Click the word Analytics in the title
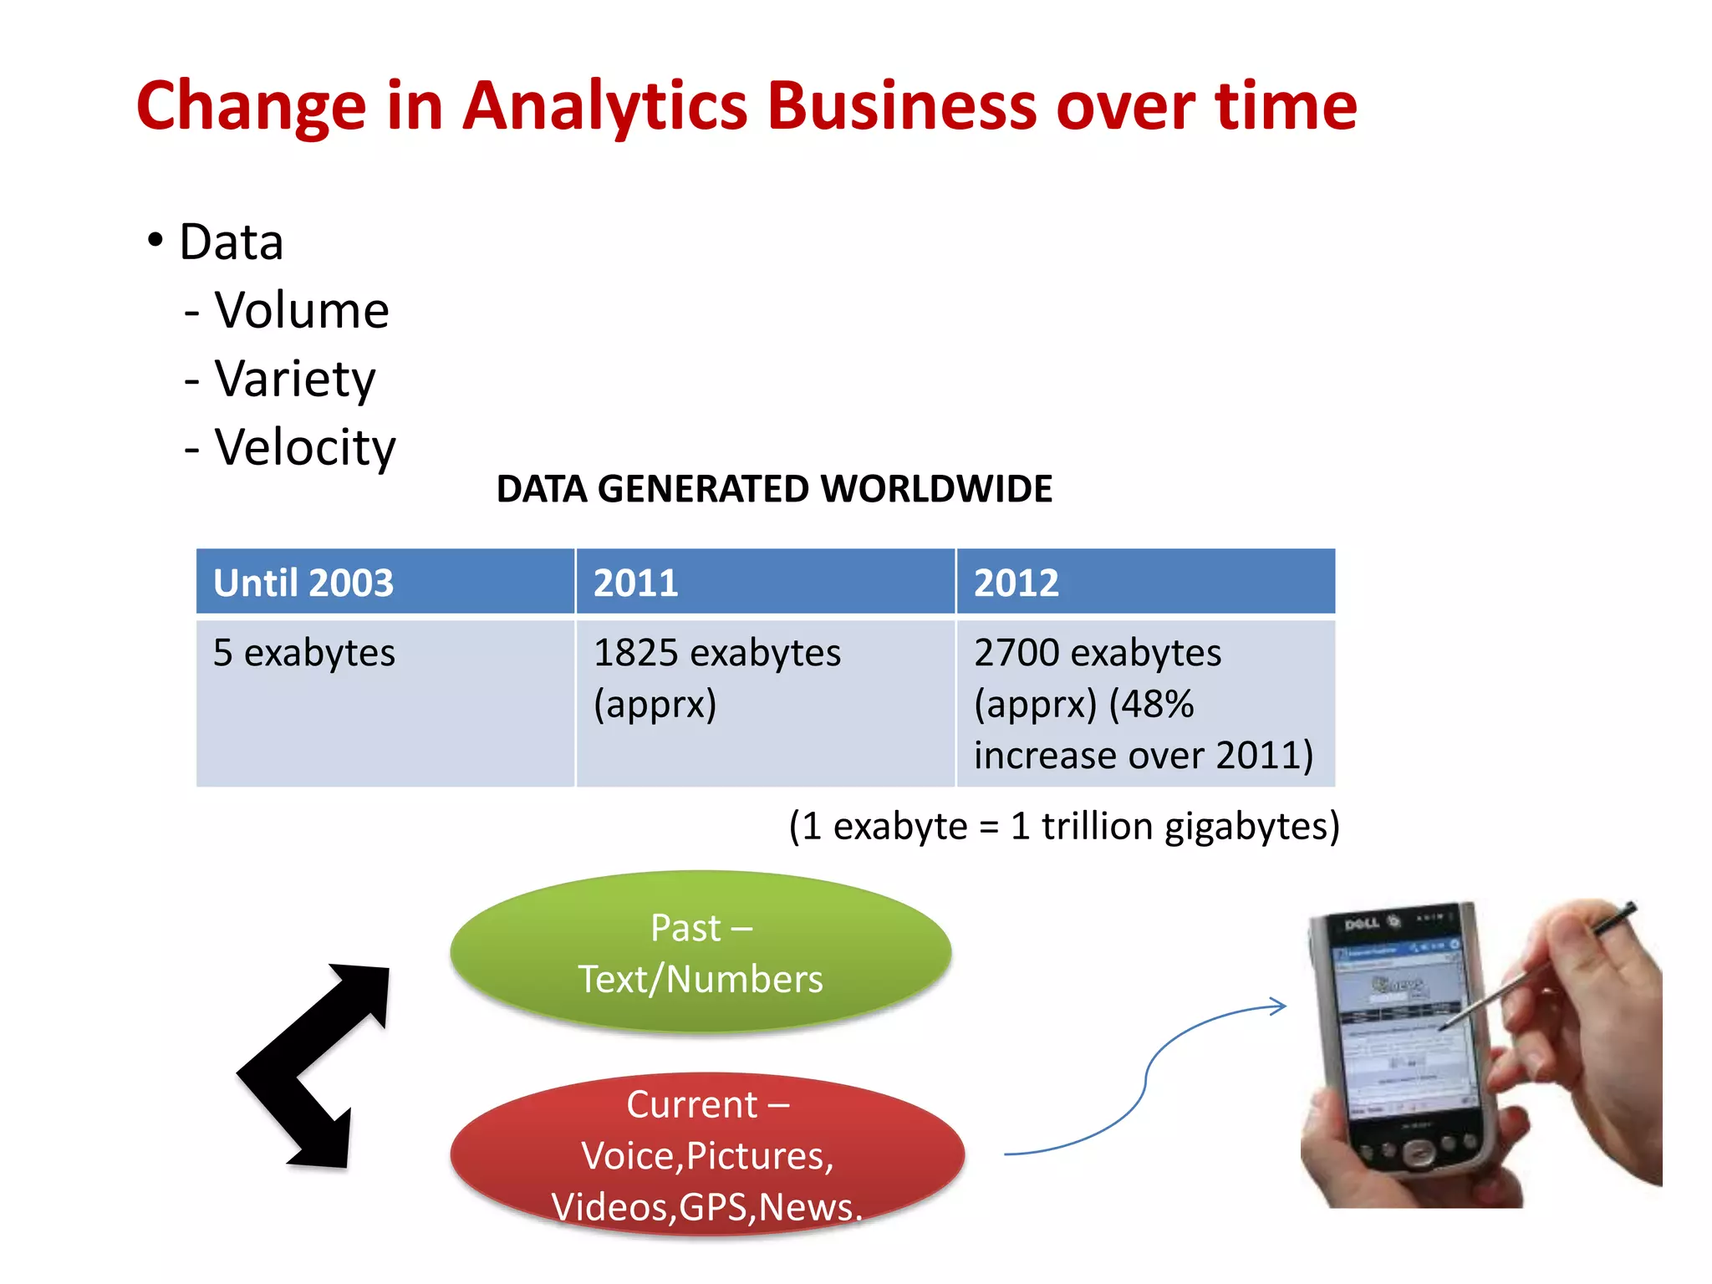click(x=604, y=107)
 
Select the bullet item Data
click(x=231, y=242)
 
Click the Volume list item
click(x=301, y=311)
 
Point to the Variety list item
click(x=294, y=380)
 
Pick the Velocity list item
click(x=304, y=448)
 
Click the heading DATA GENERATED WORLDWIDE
click(x=773, y=489)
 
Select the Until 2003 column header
click(x=303, y=583)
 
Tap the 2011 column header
click(x=635, y=583)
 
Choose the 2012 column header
click(x=1016, y=583)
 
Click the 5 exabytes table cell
click(x=303, y=653)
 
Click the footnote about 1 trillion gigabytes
click(x=1063, y=826)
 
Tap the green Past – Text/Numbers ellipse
click(x=701, y=953)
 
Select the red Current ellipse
click(x=706, y=1154)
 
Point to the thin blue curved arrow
click(x=1145, y=1078)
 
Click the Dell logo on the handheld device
click(x=1361, y=924)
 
